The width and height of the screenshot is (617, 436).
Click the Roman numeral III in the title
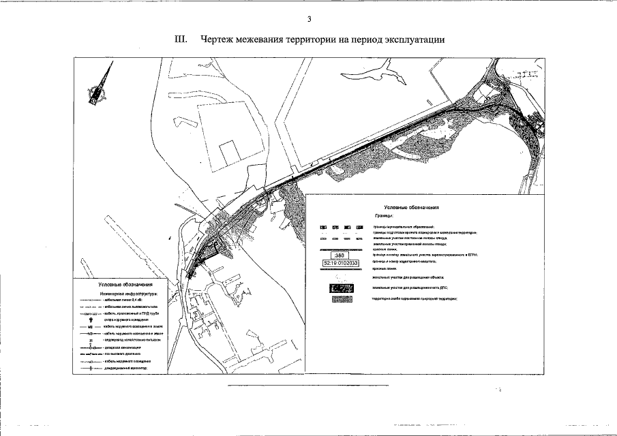coord(181,39)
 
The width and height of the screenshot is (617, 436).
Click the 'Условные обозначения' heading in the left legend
coord(124,285)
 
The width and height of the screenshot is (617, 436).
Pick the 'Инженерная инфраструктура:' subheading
coord(128,293)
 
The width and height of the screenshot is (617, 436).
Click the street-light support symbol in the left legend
coord(91,318)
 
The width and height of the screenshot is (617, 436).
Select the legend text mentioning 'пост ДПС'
coord(410,288)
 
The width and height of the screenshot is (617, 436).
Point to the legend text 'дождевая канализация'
coord(123,347)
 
